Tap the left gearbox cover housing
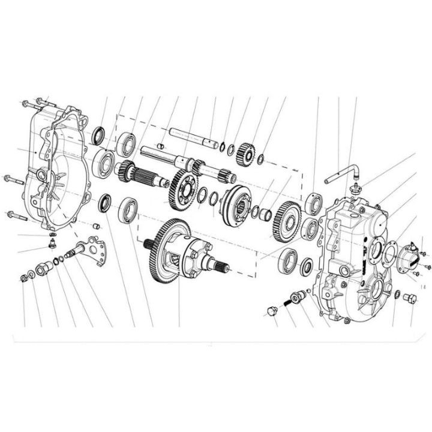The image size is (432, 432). click(x=57, y=168)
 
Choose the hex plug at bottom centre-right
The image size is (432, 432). click(x=271, y=311)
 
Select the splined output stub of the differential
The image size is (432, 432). click(x=220, y=262)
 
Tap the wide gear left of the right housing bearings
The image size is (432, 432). click(x=286, y=219)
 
